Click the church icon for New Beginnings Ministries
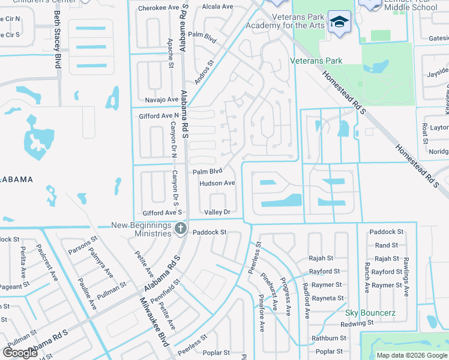(x=180, y=228)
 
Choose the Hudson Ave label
(x=217, y=183)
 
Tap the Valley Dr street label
(x=217, y=212)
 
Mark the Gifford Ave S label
(x=162, y=213)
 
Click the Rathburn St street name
(x=330, y=338)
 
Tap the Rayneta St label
(x=328, y=298)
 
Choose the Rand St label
(x=387, y=245)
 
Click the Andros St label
(x=204, y=71)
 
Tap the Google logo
(x=20, y=352)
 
